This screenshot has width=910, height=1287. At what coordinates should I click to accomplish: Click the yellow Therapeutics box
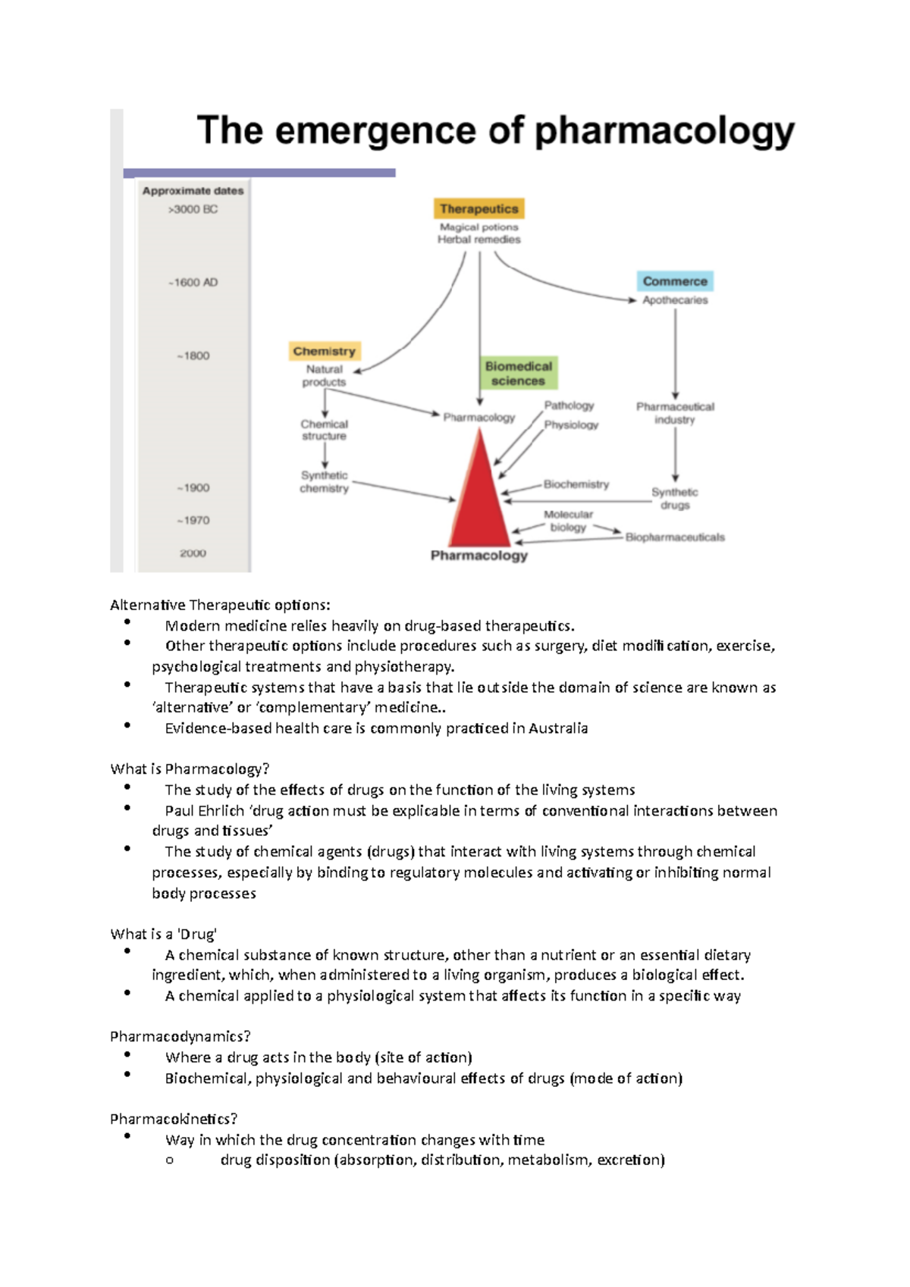tap(479, 208)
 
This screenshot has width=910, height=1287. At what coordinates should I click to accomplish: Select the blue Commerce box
tap(675, 281)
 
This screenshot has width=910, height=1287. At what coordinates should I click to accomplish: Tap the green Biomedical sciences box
tap(518, 374)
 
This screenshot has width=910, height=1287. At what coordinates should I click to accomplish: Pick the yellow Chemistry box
tap(324, 351)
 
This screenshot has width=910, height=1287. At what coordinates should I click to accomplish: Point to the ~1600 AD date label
tap(193, 282)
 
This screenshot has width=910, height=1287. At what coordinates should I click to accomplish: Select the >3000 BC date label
tap(193, 209)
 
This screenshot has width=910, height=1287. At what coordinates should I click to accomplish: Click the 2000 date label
tap(193, 553)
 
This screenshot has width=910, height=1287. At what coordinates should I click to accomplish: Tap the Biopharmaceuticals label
tap(675, 537)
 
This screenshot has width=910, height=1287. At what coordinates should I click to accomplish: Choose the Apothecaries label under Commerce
tap(675, 300)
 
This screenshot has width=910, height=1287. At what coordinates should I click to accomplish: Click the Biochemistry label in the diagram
tap(576, 484)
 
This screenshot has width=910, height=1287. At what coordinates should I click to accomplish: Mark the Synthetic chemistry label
tap(324, 482)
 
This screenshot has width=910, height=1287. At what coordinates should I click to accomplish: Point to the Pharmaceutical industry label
tap(675, 413)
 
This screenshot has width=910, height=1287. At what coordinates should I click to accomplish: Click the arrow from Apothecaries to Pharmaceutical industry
tap(675, 352)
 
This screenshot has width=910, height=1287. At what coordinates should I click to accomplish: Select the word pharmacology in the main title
tap(664, 131)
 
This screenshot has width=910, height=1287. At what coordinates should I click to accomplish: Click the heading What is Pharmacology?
tap(190, 769)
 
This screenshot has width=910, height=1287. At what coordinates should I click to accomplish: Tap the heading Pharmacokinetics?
tap(174, 1119)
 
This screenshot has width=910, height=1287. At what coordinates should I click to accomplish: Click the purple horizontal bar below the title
tap(259, 173)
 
